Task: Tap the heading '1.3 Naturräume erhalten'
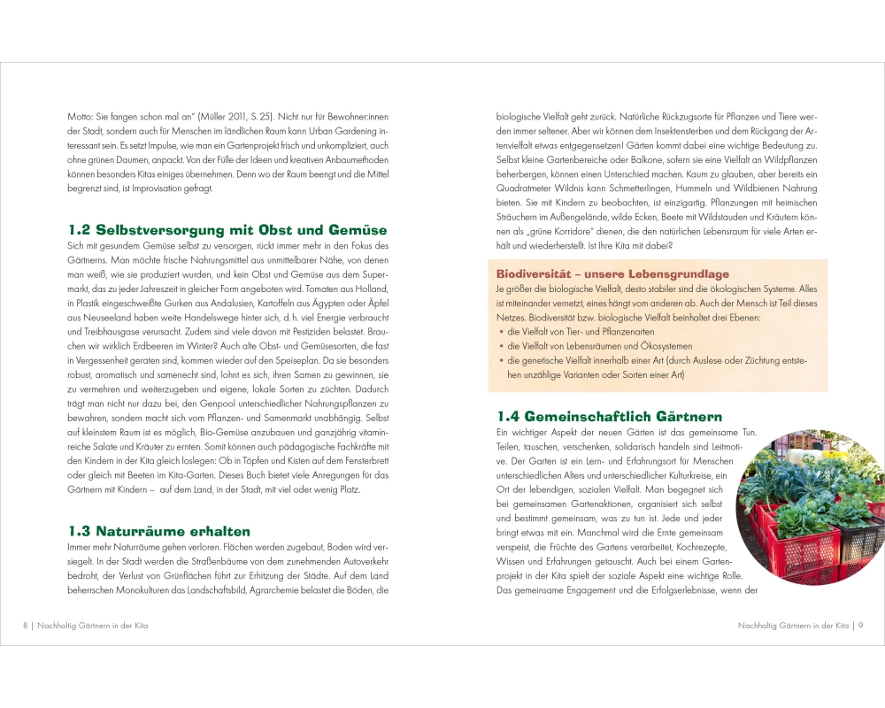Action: pyautogui.click(x=159, y=531)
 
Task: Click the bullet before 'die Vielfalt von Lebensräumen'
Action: pyautogui.click(x=501, y=346)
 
